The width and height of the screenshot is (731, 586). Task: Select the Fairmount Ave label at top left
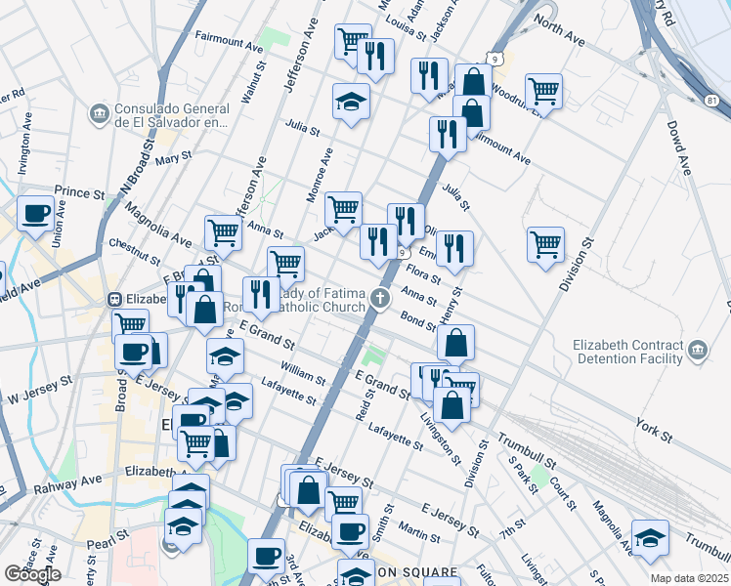pos(229,46)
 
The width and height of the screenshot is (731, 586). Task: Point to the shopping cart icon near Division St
pos(545,243)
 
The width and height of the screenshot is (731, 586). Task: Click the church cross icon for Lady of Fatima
pos(379,297)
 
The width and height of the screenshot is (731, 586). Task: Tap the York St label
pos(649,427)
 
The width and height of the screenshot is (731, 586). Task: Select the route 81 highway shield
pos(711,100)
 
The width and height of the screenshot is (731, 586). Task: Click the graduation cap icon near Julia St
pos(351,102)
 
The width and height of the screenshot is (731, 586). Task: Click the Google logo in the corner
pos(32,574)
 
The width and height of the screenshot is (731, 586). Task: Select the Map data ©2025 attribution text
pos(688,578)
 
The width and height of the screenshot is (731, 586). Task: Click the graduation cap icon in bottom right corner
pos(651,536)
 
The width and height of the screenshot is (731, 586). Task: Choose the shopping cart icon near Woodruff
pos(543,91)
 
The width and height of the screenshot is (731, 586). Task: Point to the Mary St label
pos(172,157)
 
